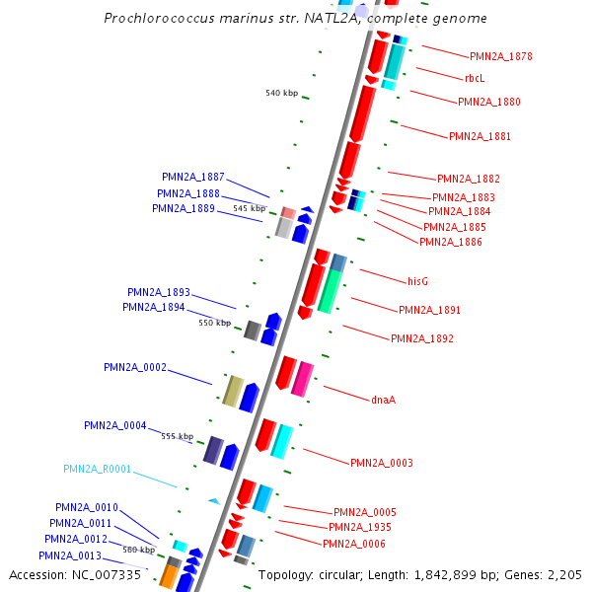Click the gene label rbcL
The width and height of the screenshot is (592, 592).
[x=475, y=78]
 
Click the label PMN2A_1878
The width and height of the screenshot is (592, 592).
[x=500, y=56]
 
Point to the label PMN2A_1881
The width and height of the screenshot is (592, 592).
[x=480, y=136]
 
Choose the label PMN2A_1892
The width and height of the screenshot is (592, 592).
[x=421, y=338]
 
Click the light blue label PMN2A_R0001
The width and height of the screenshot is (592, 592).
[x=97, y=469]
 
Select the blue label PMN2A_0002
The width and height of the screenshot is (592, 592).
[x=135, y=367]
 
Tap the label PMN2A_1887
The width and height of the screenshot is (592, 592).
[x=193, y=177]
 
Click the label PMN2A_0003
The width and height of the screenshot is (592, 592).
[x=381, y=463]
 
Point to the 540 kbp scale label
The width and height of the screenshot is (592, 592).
[x=281, y=93]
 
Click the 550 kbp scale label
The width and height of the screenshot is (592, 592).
[x=214, y=323]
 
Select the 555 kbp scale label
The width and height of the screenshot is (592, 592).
[x=178, y=436]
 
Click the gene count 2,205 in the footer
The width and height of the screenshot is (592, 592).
[x=562, y=574]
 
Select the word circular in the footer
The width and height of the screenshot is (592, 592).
[x=340, y=574]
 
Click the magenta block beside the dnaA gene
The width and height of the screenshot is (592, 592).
[x=303, y=380]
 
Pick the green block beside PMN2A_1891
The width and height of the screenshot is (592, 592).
[x=330, y=291]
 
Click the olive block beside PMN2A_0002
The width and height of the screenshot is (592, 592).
[x=233, y=391]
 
